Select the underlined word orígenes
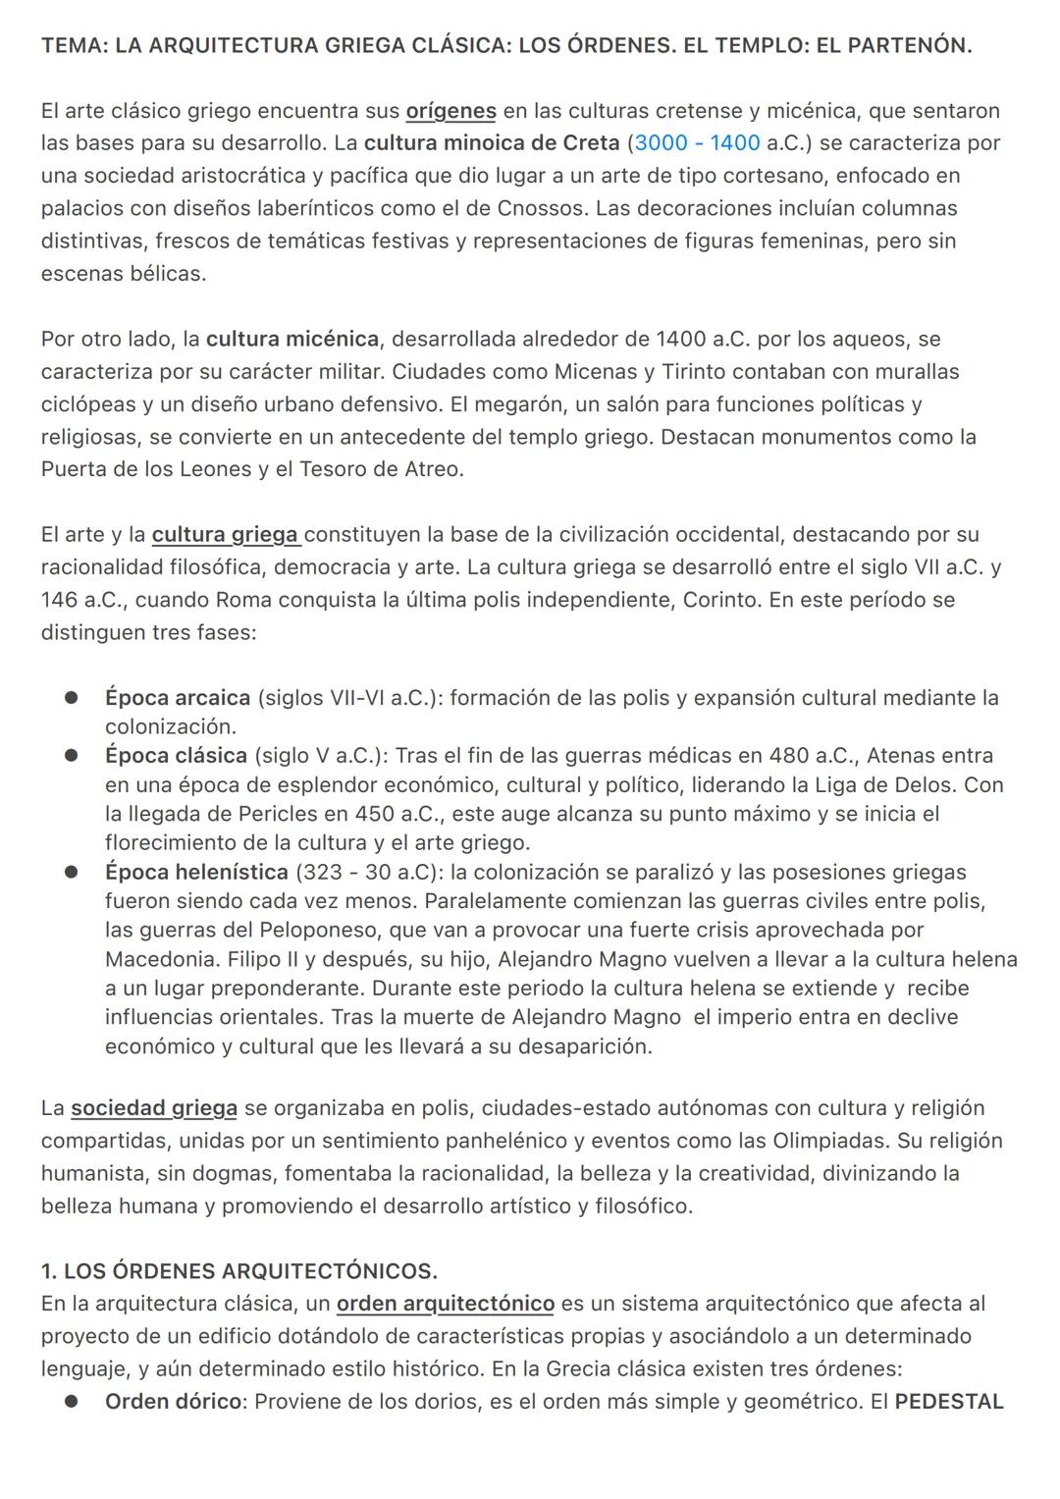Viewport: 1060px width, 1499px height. [450, 111]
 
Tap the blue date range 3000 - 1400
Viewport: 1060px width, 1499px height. [697, 143]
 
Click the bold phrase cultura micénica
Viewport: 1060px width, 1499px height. [292, 340]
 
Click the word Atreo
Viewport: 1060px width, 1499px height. [432, 469]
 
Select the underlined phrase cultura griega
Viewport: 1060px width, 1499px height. [225, 535]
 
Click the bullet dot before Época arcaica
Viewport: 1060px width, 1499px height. [71, 698]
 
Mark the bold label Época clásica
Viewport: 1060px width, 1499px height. [176, 756]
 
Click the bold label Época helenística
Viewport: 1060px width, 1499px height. [196, 872]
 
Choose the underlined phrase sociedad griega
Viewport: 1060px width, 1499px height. [154, 1108]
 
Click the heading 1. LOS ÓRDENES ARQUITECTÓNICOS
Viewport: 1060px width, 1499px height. [239, 1271]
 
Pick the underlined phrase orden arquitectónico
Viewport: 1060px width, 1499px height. [445, 1304]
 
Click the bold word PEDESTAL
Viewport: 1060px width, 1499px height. [948, 1402]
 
